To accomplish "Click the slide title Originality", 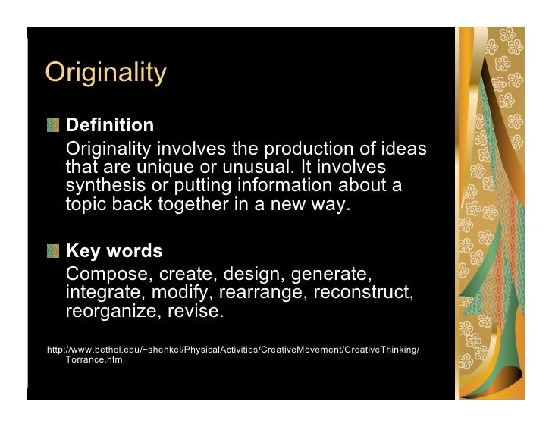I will click(105, 74).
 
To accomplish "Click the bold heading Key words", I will click(114, 251).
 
